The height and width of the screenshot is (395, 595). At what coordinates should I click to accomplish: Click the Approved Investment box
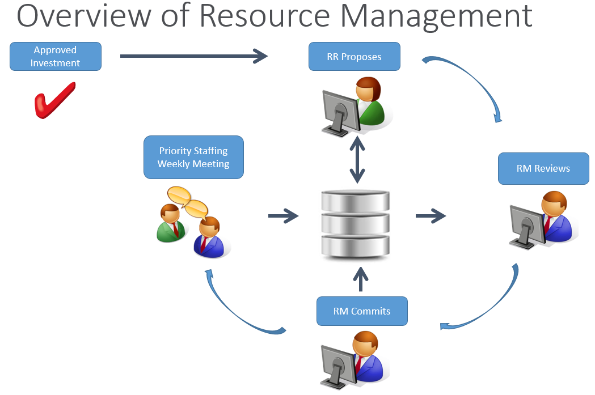(x=56, y=57)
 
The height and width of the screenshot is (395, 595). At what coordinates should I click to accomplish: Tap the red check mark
(x=54, y=100)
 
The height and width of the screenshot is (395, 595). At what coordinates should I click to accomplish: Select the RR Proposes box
(x=355, y=57)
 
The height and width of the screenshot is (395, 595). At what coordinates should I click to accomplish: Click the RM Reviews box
(x=543, y=169)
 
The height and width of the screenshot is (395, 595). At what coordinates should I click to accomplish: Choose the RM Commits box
(x=362, y=311)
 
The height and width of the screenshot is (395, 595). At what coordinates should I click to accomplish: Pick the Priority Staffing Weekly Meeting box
(x=193, y=158)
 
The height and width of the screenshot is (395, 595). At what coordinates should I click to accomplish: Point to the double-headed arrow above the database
(x=357, y=160)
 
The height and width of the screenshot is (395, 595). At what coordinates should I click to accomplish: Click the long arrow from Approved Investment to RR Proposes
(x=194, y=56)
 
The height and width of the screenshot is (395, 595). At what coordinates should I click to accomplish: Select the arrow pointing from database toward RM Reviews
(x=431, y=216)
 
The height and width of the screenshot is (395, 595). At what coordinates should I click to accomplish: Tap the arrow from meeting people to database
(x=283, y=216)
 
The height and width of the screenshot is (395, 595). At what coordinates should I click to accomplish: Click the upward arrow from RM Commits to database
(x=361, y=279)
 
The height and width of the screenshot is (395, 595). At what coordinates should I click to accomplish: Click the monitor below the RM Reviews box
(x=528, y=227)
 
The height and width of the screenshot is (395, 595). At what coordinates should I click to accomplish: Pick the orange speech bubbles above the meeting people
(x=188, y=202)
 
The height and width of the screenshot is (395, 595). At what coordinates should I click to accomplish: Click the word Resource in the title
(x=264, y=16)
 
